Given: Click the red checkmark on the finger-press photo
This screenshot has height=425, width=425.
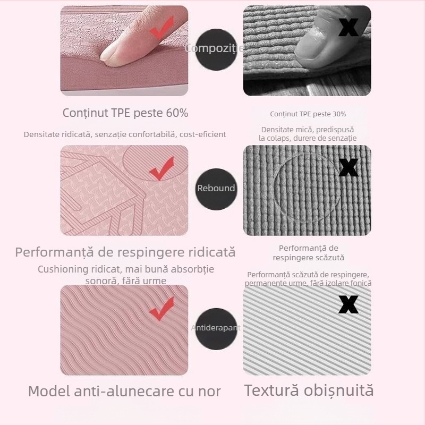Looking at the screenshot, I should pyautogui.click(x=162, y=28).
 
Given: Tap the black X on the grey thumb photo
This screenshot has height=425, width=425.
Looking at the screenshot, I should pyautogui.click(x=348, y=27).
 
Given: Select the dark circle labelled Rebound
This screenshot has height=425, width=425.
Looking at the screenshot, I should pyautogui.click(x=216, y=188).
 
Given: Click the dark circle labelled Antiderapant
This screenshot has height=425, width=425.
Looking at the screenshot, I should pyautogui.click(x=216, y=328).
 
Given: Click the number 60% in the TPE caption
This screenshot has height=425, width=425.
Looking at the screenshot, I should pyautogui.click(x=176, y=113).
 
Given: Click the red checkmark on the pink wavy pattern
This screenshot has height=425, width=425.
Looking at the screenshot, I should pyautogui.click(x=161, y=309).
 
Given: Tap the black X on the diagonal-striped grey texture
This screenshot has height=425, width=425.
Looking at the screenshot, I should pyautogui.click(x=348, y=304).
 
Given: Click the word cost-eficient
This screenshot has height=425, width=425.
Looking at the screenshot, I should pyautogui.click(x=202, y=134).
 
